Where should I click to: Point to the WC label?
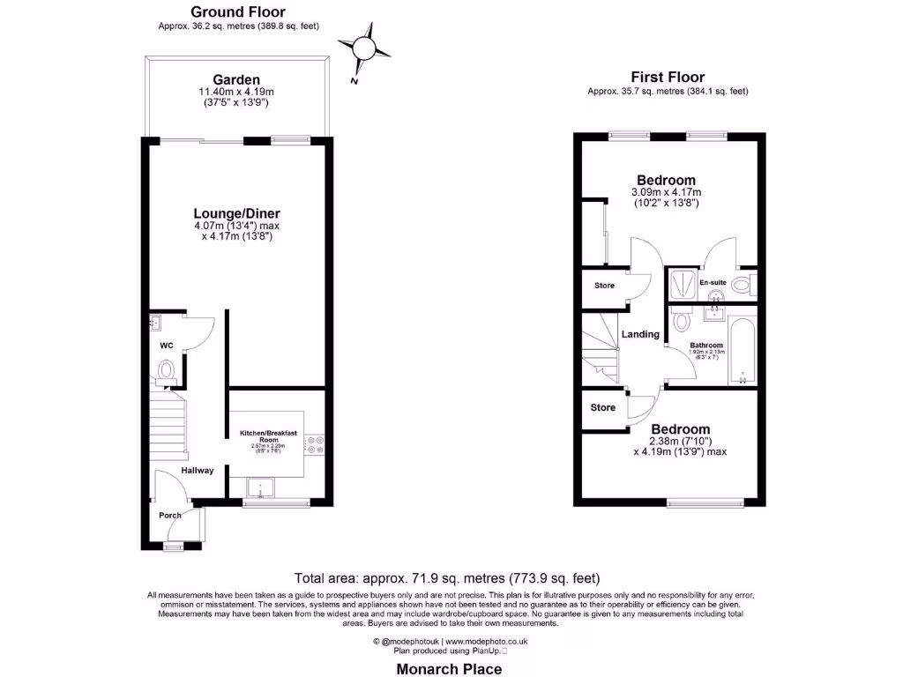pos(166,346)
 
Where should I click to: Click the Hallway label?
pos(198,470)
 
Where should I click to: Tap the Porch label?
pos(169,515)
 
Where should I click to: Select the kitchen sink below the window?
pos(262,487)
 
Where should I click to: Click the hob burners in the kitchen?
pos(317,445)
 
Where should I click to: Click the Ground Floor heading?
pos(238,12)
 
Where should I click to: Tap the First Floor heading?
pos(668,78)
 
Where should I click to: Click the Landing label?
pos(640,334)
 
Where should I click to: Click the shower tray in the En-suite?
pos(682,284)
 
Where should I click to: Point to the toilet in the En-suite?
pos(742,284)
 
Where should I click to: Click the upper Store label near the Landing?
pos(604,286)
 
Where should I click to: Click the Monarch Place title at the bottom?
pos(448,669)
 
